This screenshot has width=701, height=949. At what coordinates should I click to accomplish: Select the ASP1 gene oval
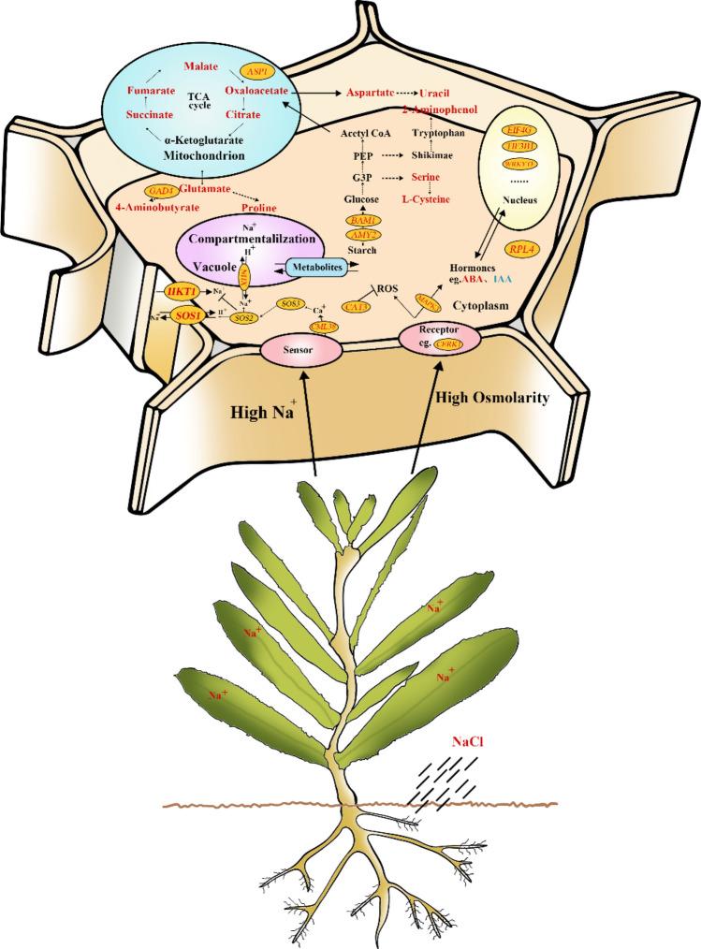tap(256, 70)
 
